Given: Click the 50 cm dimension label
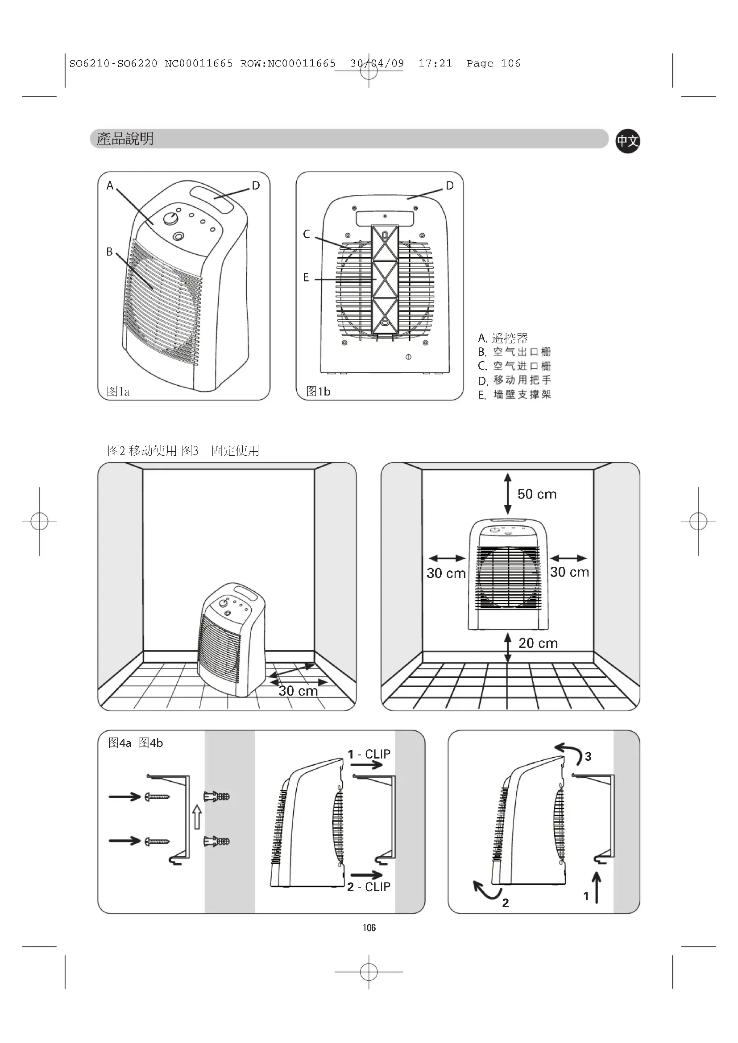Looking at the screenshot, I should pyautogui.click(x=537, y=494).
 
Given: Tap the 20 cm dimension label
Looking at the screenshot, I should pyautogui.click(x=538, y=643).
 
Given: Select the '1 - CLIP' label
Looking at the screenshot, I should pyautogui.click(x=369, y=754).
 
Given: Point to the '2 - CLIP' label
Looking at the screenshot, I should pyautogui.click(x=369, y=887).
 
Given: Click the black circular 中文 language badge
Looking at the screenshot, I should pyautogui.click(x=628, y=141).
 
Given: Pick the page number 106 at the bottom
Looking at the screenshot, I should pyautogui.click(x=369, y=928).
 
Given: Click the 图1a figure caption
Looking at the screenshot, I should pyautogui.click(x=118, y=392).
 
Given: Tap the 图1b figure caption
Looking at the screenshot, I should pyautogui.click(x=318, y=392).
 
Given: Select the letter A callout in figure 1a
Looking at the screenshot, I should pyautogui.click(x=110, y=186).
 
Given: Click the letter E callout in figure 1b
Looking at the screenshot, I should pyautogui.click(x=306, y=277).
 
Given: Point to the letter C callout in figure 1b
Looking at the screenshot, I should pyautogui.click(x=307, y=235).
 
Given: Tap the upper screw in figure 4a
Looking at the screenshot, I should pyautogui.click(x=157, y=796).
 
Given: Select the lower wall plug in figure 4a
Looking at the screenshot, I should pyautogui.click(x=217, y=841).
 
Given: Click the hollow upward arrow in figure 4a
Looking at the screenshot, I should pyautogui.click(x=197, y=816).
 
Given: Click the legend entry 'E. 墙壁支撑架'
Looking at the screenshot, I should pyautogui.click(x=514, y=394).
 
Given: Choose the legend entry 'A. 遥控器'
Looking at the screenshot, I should pyautogui.click(x=502, y=338).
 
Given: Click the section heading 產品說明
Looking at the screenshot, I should pyautogui.click(x=125, y=139).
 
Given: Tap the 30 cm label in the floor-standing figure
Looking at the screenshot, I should pyautogui.click(x=298, y=691).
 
